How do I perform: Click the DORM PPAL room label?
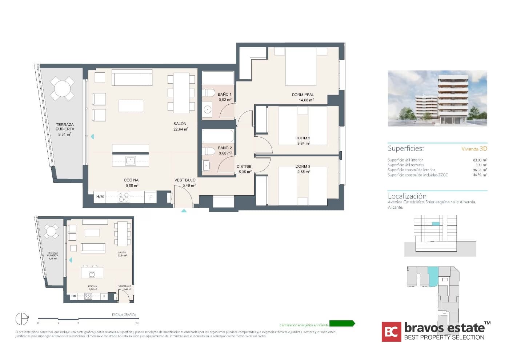click(302, 95)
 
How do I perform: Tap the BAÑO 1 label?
click(224, 95)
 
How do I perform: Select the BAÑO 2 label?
click(225, 148)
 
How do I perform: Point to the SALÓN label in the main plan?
click(180, 124)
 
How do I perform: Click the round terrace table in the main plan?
click(62, 88)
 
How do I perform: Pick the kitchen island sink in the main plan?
click(131, 160)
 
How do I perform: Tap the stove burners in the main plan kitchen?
click(124, 197)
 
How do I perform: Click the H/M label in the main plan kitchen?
click(100, 197)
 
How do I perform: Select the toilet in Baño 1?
click(209, 92)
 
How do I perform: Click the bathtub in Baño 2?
click(218, 136)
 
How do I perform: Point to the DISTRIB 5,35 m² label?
click(244, 169)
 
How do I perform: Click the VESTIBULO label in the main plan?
click(185, 180)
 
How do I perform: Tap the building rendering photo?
click(437, 98)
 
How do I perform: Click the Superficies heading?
click(405, 148)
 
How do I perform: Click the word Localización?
click(407, 196)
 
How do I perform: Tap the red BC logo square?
click(391, 332)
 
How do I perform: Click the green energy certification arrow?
click(342, 324)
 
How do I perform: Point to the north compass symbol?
click(22, 319)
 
